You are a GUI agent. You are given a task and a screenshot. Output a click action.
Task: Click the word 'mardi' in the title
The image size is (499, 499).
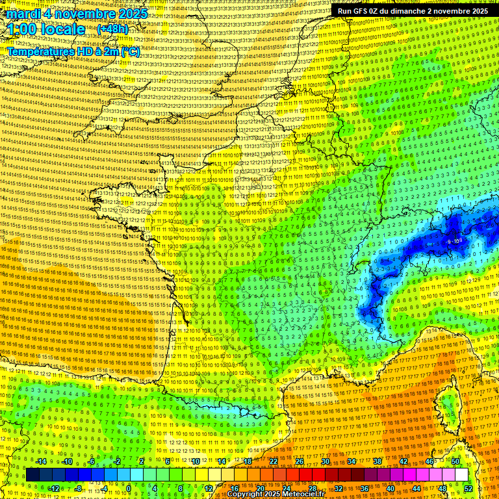pos(24,14)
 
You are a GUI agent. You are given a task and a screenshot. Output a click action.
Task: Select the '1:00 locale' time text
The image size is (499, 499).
pos(46,29)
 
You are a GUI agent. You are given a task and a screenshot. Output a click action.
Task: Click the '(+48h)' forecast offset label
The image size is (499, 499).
pos(112,29)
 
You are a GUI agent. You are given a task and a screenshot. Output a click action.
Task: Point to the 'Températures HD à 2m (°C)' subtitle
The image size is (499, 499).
pos(73,52)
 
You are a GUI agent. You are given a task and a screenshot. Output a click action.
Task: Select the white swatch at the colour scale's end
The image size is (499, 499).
pos(461,475)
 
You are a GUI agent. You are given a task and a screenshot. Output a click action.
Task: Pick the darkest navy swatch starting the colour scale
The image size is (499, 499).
pos(32,475)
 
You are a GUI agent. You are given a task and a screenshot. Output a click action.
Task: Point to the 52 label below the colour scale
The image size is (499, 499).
pos(468,488)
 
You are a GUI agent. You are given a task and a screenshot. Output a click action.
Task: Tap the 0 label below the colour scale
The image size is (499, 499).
pos(129,488)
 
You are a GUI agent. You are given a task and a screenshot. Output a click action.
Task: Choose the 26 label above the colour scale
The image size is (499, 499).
pos(300,461)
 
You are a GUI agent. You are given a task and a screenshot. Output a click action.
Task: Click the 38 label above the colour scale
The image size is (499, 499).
pos(377,461)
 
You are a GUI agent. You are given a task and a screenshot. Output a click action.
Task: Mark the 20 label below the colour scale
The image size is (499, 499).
pos(260,488)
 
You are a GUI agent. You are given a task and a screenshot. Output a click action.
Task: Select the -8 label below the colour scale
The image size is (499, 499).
pos(77,488)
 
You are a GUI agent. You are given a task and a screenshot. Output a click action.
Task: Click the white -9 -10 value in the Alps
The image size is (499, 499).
pos(455,241)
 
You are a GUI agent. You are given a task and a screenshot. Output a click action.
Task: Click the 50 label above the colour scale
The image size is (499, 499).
pos(455,461)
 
